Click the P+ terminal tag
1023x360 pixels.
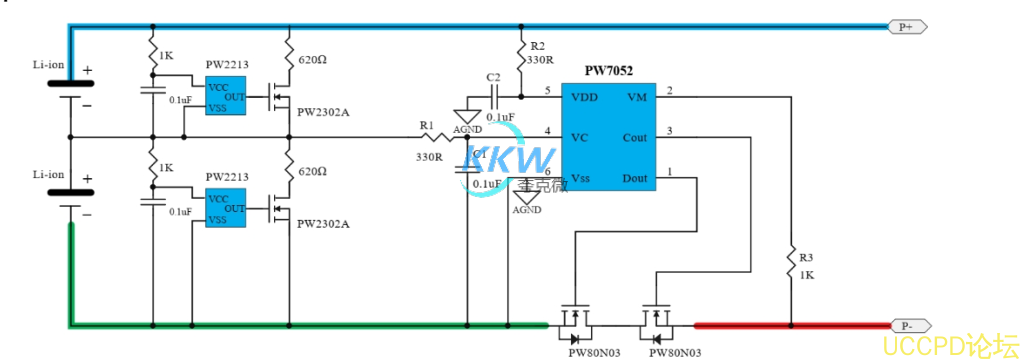pos(906,27)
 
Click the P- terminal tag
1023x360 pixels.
pos(907,325)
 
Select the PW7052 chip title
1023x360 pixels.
pos(608,72)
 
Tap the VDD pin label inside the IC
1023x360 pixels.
pos(585,97)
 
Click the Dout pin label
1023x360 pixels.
pos(634,178)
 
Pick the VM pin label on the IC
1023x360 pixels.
pos(636,97)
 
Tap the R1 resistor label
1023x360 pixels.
pos(427,125)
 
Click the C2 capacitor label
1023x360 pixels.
pos(492,77)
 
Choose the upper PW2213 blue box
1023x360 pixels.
pos(226,96)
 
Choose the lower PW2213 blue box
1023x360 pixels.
pos(226,207)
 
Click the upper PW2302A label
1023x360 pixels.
pos(323,112)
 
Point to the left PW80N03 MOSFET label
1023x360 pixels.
pos(594,352)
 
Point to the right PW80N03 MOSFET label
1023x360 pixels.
pos(675,352)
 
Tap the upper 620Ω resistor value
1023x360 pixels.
pos(313,60)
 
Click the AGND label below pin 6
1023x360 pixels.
pos(527,210)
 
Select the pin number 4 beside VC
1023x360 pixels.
pos(547,131)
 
